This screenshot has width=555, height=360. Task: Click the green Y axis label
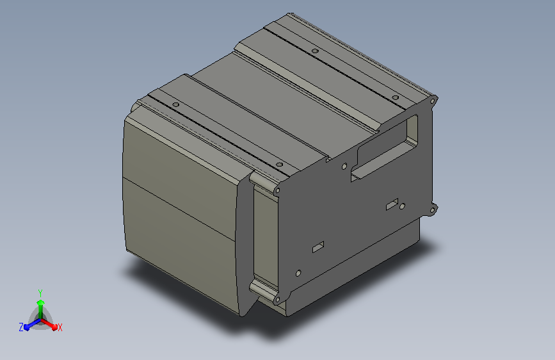pyautogui.click(x=40, y=293)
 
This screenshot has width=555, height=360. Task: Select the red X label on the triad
pyautogui.click(x=60, y=327)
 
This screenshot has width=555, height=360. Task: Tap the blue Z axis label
pyautogui.click(x=21, y=327)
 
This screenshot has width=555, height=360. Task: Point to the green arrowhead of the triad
pyautogui.click(x=41, y=302)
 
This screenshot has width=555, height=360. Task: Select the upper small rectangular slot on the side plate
pyautogui.click(x=392, y=204)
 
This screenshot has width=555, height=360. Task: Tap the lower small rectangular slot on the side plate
pyautogui.click(x=318, y=247)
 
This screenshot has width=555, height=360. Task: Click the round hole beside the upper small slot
pyautogui.click(x=402, y=206)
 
